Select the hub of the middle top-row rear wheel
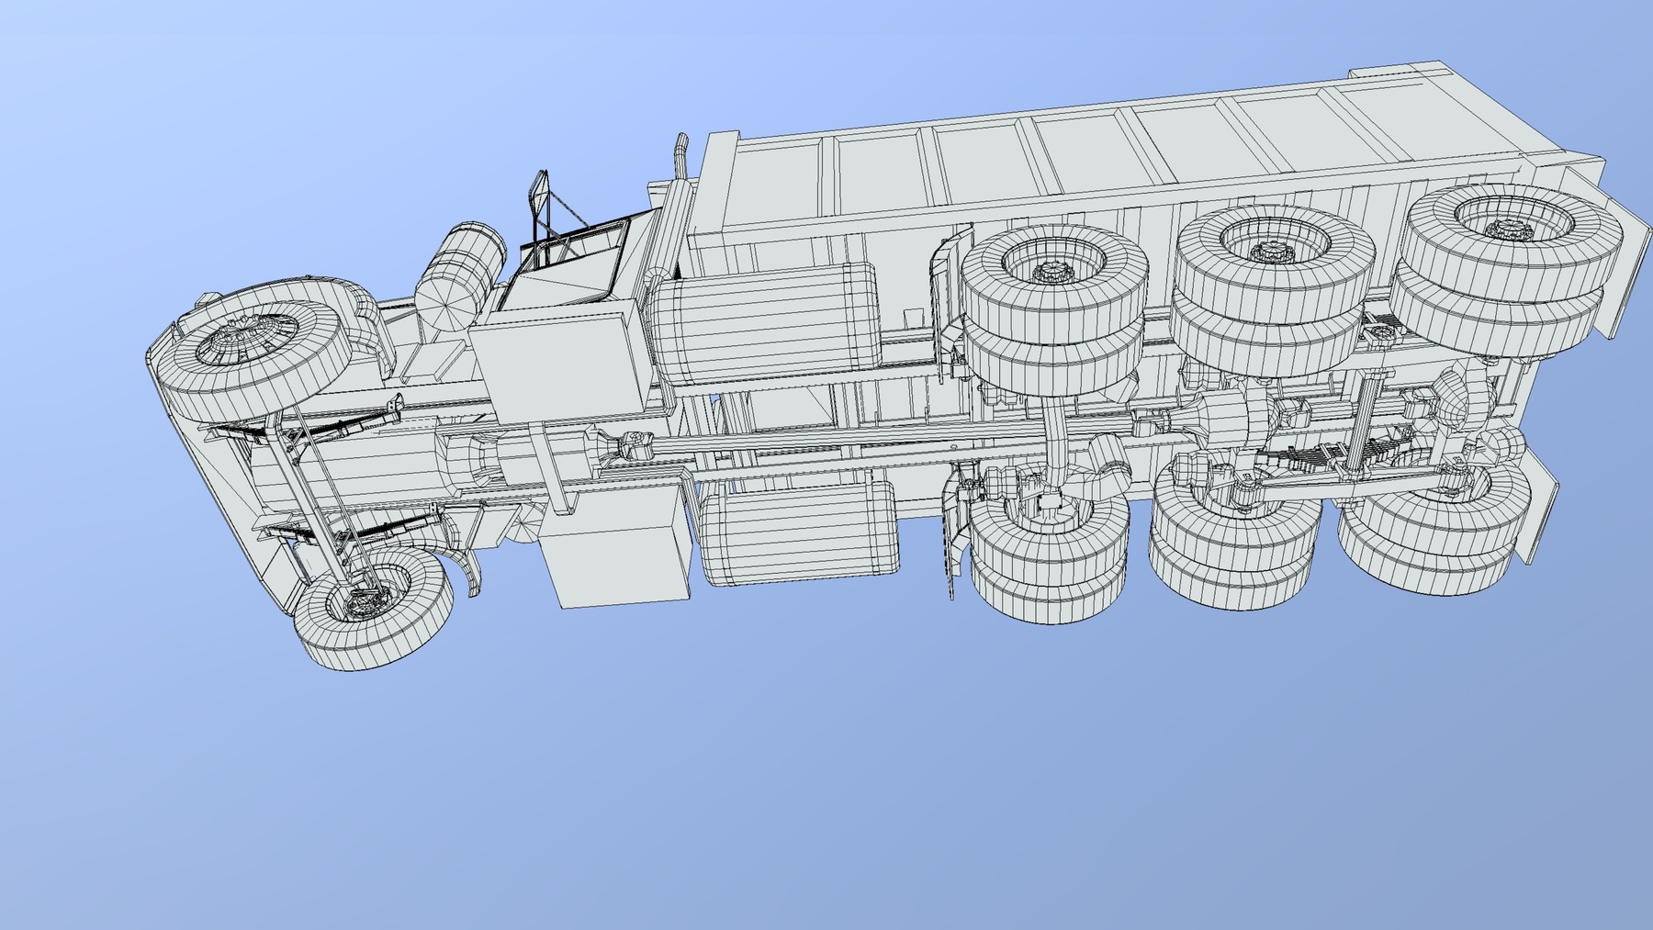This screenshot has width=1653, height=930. pos(1269,248)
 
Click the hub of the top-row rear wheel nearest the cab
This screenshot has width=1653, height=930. pos(1047,271)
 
